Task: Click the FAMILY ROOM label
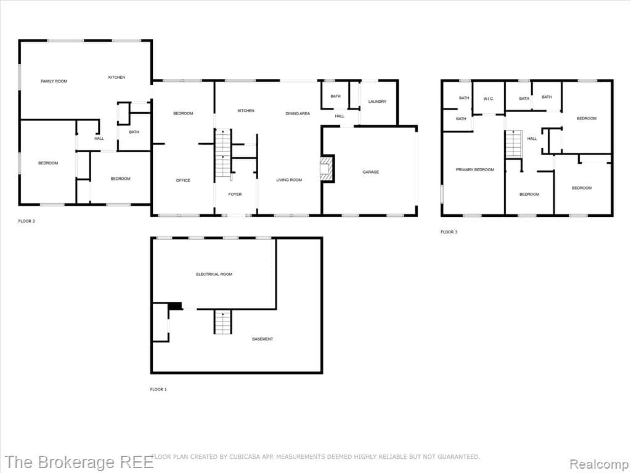click(x=54, y=81)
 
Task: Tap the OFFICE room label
click(x=183, y=180)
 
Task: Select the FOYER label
click(x=235, y=195)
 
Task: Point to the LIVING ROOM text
click(x=289, y=180)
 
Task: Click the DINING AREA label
click(x=298, y=114)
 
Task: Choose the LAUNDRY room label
click(x=377, y=102)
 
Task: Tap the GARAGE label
click(x=370, y=172)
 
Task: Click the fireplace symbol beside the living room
click(x=327, y=168)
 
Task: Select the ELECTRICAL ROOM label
click(x=214, y=274)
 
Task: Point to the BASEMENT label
click(x=263, y=339)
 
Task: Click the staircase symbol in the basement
click(x=222, y=322)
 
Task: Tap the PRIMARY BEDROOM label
click(x=474, y=170)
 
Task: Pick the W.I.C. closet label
click(x=489, y=99)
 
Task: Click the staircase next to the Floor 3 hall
click(x=513, y=144)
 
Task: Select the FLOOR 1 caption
click(x=158, y=389)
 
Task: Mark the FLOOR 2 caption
click(x=26, y=220)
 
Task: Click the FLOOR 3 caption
click(x=449, y=232)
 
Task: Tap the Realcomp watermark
click(x=598, y=463)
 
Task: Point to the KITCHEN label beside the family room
click(x=116, y=78)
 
